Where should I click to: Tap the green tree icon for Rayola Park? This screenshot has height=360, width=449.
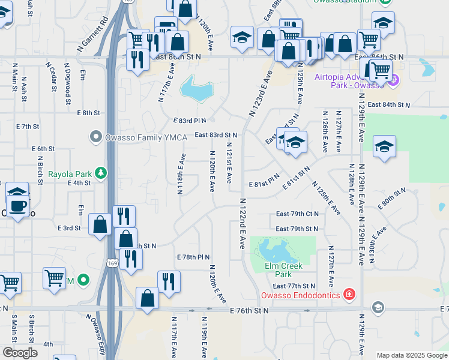point(101,174)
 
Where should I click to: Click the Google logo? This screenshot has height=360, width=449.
point(20,353)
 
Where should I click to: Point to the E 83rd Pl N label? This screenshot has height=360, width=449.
point(190,120)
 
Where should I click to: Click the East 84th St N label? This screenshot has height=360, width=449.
point(389,104)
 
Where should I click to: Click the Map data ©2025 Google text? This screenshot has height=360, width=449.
point(412,355)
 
